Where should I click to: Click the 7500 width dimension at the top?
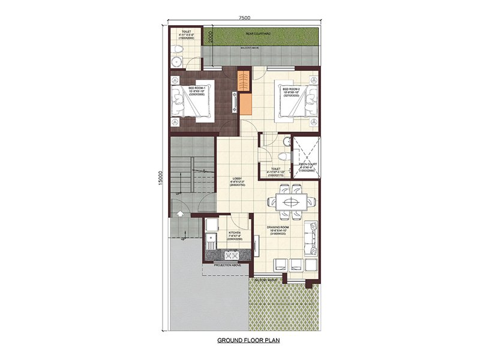click(x=244, y=19)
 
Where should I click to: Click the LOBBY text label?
click(x=237, y=181)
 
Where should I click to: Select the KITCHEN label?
click(x=235, y=234)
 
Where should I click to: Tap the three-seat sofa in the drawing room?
click(x=311, y=238)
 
